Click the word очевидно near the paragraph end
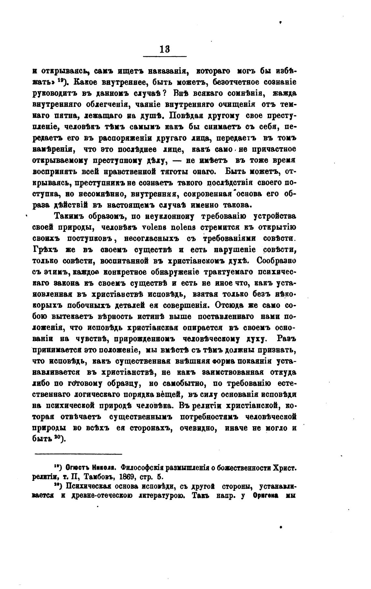[x=198, y=428]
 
